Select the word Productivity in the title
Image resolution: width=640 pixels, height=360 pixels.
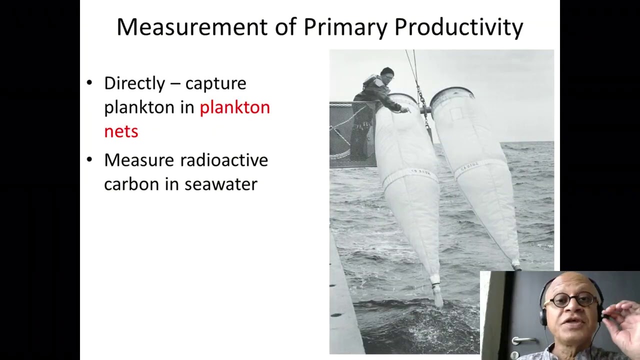(x=458, y=27)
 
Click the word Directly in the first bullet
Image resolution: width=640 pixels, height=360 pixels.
(x=134, y=83)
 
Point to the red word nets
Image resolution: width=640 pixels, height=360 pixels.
(x=121, y=131)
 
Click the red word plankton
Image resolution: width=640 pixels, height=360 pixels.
(x=234, y=107)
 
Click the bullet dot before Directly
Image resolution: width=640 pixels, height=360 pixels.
(x=89, y=82)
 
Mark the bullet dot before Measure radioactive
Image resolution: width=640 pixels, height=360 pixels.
(x=89, y=159)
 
